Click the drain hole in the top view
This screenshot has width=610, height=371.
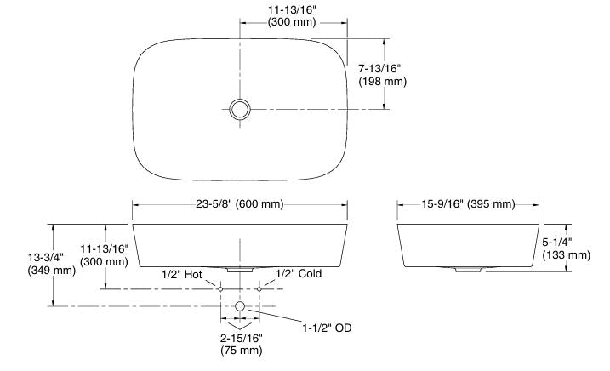pos(240,108)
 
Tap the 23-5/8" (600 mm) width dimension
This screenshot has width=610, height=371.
pos(238,204)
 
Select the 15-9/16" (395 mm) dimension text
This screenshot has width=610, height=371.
pos(468,204)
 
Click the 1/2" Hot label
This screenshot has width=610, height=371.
pos(182,276)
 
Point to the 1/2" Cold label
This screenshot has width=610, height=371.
pos(298,276)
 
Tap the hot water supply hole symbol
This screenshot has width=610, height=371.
pos(220,289)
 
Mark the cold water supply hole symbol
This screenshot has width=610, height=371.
pos(259,289)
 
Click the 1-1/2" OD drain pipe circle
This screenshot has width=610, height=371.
pos(240,305)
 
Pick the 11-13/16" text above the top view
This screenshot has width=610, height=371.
pos(292,10)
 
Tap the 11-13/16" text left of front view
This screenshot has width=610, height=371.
pos(105,248)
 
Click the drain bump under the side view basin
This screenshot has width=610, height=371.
pos(468,270)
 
